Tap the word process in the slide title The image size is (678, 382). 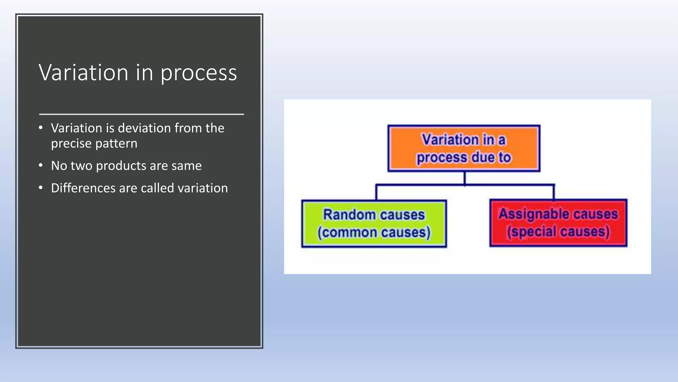pyautogui.click(x=199, y=74)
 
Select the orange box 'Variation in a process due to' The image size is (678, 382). pyautogui.click(x=464, y=148)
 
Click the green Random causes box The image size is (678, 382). pyautogui.click(x=374, y=223)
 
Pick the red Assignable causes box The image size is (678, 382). pyautogui.click(x=558, y=223)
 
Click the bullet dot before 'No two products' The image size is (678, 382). pyautogui.click(x=41, y=165)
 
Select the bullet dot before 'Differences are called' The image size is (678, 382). pyautogui.click(x=41, y=188)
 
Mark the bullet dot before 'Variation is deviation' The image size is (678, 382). pyautogui.click(x=41, y=128)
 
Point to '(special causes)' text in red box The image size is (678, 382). pyautogui.click(x=558, y=232)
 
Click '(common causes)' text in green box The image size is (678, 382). pyautogui.click(x=374, y=232)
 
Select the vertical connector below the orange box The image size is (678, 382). pyautogui.click(x=464, y=178)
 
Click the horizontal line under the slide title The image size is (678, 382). pyautogui.click(x=141, y=114)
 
